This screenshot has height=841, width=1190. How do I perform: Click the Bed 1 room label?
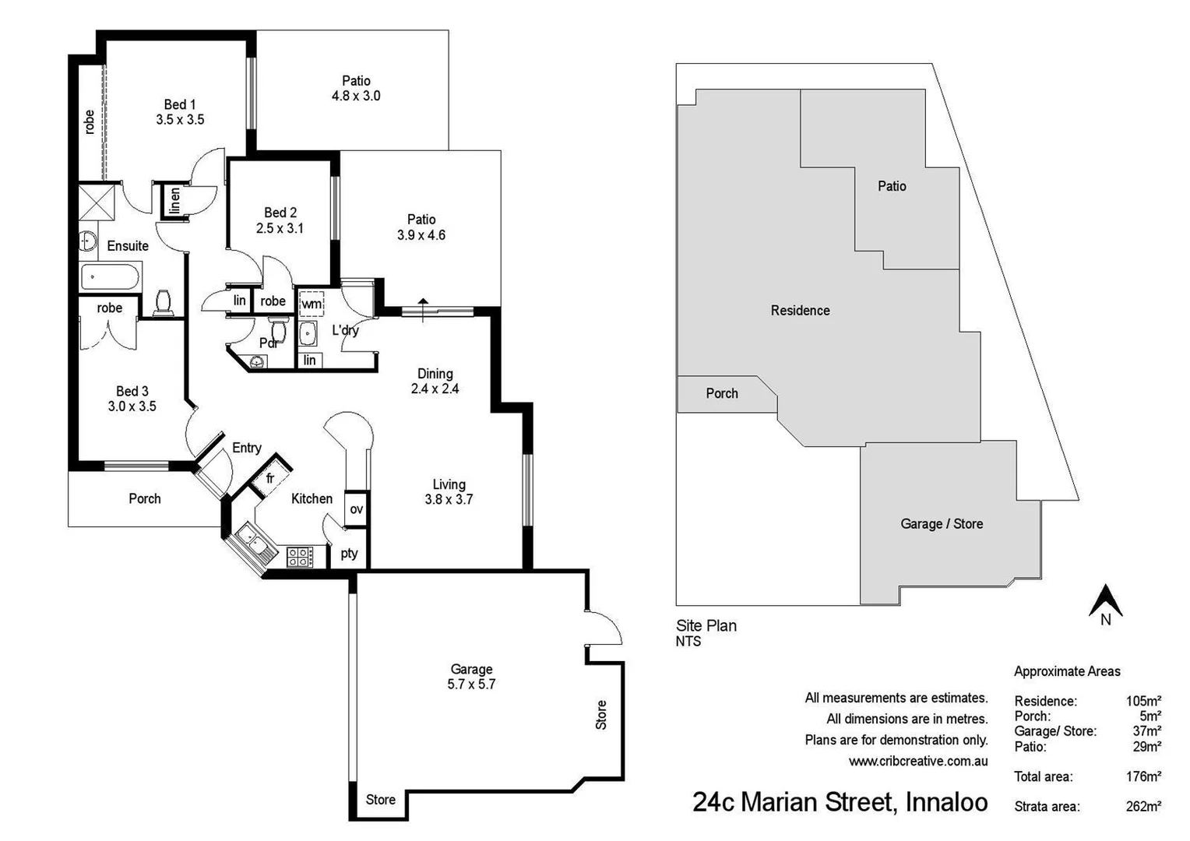point(180,104)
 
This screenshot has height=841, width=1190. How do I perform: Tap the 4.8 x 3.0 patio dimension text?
point(356,97)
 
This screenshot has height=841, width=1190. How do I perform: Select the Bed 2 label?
point(280,213)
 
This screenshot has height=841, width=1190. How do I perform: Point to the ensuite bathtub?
point(111,276)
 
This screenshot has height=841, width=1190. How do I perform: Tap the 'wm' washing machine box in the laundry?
point(312,303)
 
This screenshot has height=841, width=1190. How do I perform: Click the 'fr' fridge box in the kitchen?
point(270,477)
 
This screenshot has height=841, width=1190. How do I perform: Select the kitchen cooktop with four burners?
point(299,556)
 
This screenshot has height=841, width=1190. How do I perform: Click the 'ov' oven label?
point(356,509)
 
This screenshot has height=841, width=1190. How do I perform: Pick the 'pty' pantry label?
point(349,553)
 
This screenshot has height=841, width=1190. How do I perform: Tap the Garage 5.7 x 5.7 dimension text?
point(471,684)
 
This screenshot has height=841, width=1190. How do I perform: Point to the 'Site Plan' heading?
point(706,625)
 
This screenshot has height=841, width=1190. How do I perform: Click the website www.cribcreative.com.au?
point(918,762)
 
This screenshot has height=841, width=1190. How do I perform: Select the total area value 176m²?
point(1142,776)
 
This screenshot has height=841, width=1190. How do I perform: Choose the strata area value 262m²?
point(1142,806)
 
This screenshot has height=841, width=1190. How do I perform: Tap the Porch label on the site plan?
point(722,393)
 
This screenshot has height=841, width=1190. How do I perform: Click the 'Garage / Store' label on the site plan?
point(942,524)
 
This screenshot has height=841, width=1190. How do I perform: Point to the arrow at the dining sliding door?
point(423,308)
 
